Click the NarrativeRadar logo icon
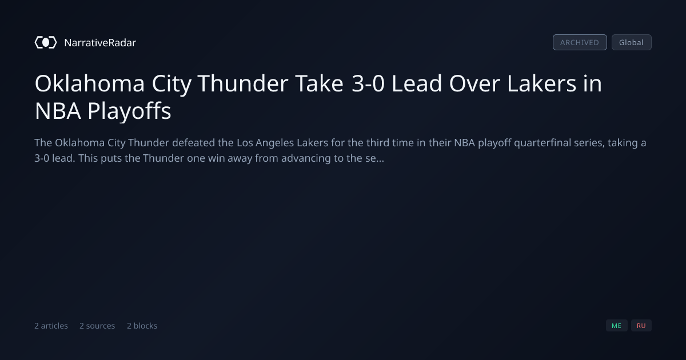[x=46, y=42]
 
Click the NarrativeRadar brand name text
[x=100, y=42]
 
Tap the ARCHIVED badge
[x=580, y=42]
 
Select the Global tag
[x=632, y=42]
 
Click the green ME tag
[x=616, y=325]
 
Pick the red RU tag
[x=641, y=325]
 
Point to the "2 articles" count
[x=51, y=326]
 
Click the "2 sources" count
[x=97, y=326]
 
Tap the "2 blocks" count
[x=142, y=326]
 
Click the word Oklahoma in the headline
[x=90, y=83]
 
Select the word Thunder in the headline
[x=243, y=83]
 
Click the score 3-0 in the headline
[x=368, y=83]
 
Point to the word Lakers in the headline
[x=541, y=83]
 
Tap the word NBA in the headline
[x=58, y=111]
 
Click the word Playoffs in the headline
[x=129, y=111]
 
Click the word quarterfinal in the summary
[x=543, y=143]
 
